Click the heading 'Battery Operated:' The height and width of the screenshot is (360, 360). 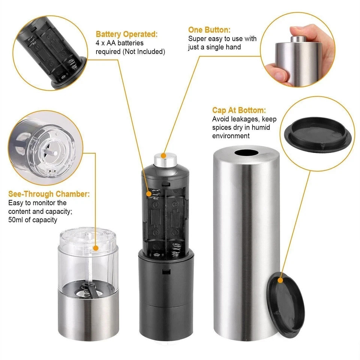[x=127, y=34]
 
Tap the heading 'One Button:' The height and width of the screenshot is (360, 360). [x=209, y=30]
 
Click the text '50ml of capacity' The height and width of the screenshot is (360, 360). [x=33, y=220]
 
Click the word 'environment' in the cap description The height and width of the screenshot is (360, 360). [x=231, y=136]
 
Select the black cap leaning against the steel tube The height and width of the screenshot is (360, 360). [x=287, y=304]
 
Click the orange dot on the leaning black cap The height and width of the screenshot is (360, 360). [x=280, y=280]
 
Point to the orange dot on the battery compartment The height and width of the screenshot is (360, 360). [x=149, y=194]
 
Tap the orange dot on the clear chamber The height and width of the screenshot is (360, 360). [x=96, y=248]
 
